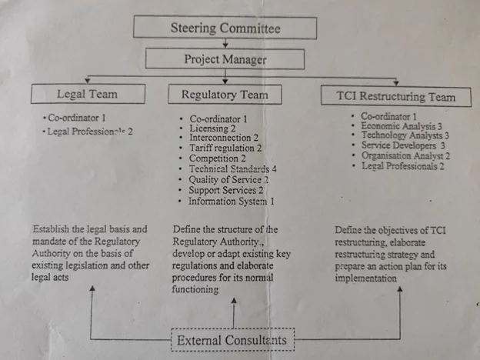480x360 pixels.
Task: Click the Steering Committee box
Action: point(225,28)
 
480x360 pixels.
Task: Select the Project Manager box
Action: point(225,59)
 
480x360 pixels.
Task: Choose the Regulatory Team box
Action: point(225,95)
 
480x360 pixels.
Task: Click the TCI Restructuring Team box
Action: point(396,97)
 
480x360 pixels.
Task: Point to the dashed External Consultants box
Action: point(232,339)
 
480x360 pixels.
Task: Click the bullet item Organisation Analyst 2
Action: point(405,155)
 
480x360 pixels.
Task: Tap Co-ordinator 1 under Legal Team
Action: point(77,118)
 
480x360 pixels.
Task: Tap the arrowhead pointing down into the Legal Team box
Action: point(90,79)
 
